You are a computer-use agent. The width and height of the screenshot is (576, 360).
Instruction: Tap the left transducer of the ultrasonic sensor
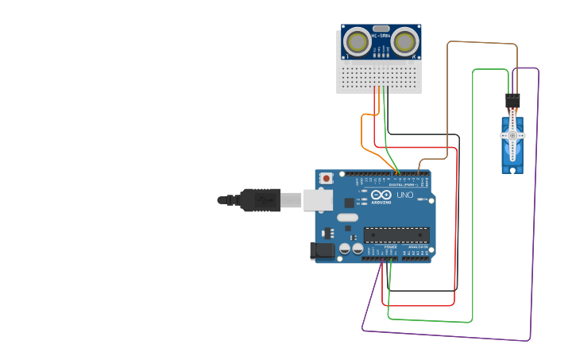click(357, 41)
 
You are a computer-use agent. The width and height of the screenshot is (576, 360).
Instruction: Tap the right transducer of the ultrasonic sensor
click(405, 41)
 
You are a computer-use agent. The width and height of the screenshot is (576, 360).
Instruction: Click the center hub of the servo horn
click(512, 136)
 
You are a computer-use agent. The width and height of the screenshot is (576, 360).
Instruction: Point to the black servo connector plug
click(512, 100)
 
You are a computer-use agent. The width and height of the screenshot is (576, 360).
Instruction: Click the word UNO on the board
click(404, 195)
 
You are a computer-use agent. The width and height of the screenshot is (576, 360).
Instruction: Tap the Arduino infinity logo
click(381, 195)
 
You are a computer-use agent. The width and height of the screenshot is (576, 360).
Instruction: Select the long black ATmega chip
click(396, 234)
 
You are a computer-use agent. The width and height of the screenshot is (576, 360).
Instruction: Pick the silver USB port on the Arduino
click(318, 200)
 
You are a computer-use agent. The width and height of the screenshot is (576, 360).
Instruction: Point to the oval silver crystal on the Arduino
click(348, 217)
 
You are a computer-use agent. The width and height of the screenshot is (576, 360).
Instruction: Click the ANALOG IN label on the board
click(417, 247)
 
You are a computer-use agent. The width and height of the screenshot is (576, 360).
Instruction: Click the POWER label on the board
click(390, 247)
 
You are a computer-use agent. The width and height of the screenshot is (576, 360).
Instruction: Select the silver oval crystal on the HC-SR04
click(381, 27)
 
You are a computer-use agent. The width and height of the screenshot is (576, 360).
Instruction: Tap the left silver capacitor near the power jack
click(345, 249)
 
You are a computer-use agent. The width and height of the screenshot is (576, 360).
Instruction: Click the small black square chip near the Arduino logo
click(350, 203)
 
